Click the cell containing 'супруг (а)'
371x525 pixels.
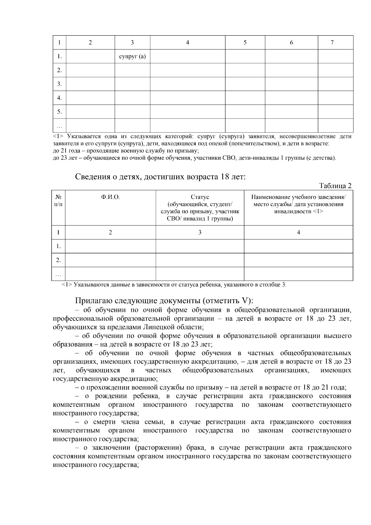[132, 56]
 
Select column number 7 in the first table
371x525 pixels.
[332, 43]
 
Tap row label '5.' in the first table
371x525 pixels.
[59, 112]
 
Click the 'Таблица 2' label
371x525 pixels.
[335, 186]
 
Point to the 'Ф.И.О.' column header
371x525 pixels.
[110, 197]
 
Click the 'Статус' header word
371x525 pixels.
[200, 197]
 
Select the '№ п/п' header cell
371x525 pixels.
[58, 200]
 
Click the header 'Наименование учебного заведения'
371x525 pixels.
[298, 197]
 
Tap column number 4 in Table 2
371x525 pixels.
[298, 232]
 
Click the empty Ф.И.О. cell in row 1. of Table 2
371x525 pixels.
[110, 246]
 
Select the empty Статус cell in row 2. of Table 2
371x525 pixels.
[200, 260]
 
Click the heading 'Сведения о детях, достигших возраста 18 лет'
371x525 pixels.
[160, 177]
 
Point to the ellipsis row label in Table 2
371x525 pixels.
[58, 274]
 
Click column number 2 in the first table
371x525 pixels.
[90, 43]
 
